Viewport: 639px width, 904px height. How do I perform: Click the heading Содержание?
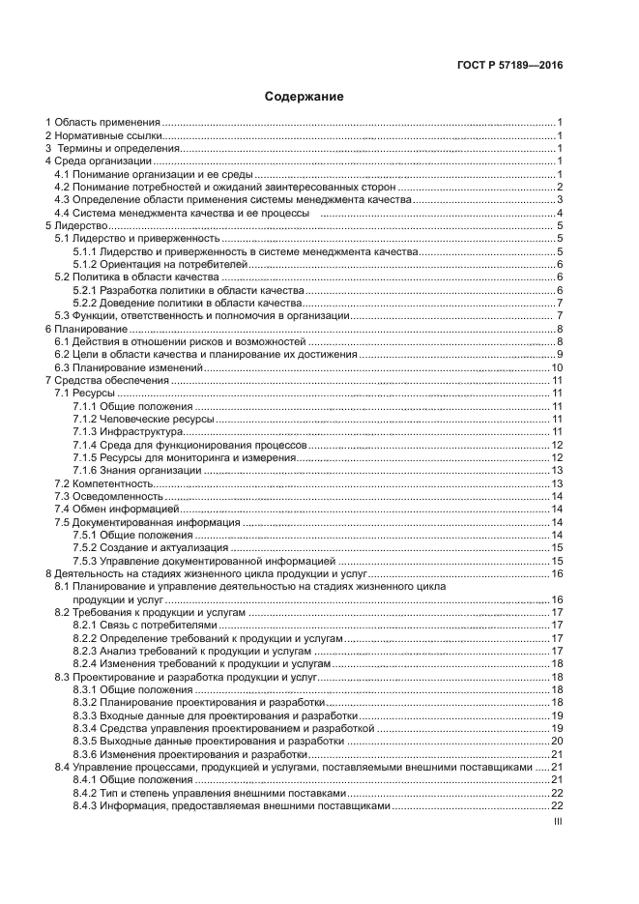tap(305, 97)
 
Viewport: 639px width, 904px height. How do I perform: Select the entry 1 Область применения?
tap(103, 123)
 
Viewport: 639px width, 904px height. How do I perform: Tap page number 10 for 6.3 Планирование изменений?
tap(557, 367)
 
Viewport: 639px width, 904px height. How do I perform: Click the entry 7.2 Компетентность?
tap(104, 482)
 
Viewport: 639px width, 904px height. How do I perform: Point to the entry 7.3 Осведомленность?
tap(108, 496)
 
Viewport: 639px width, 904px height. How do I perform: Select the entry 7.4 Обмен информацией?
tap(116, 509)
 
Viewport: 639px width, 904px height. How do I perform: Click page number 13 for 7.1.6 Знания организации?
tap(557, 470)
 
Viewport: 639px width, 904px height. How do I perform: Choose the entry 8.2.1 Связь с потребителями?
tap(139, 626)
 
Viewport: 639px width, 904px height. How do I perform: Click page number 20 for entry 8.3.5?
tap(557, 741)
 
